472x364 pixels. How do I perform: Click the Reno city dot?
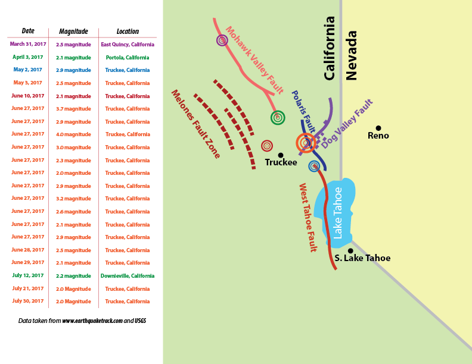click(378, 128)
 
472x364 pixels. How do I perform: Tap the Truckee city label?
click(281, 162)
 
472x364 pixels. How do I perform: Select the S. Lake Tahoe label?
click(362, 258)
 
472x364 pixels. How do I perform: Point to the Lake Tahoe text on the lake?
click(338, 213)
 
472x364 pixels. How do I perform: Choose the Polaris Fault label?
click(303, 112)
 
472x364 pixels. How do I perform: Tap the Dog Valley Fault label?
click(347, 124)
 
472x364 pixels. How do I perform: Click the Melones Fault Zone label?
click(195, 124)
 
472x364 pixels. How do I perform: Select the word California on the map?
click(330, 48)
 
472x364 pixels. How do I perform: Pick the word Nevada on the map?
click(352, 55)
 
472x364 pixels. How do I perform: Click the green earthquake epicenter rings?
click(277, 118)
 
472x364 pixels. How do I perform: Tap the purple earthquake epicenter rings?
click(222, 40)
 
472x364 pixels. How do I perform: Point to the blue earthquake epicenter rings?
click(314, 166)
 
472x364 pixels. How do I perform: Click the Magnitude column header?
click(73, 31)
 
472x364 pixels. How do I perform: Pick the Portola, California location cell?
click(127, 57)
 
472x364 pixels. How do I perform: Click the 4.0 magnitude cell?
click(73, 134)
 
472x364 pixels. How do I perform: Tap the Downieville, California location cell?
click(127, 276)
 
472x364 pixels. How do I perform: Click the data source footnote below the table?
click(82, 321)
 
